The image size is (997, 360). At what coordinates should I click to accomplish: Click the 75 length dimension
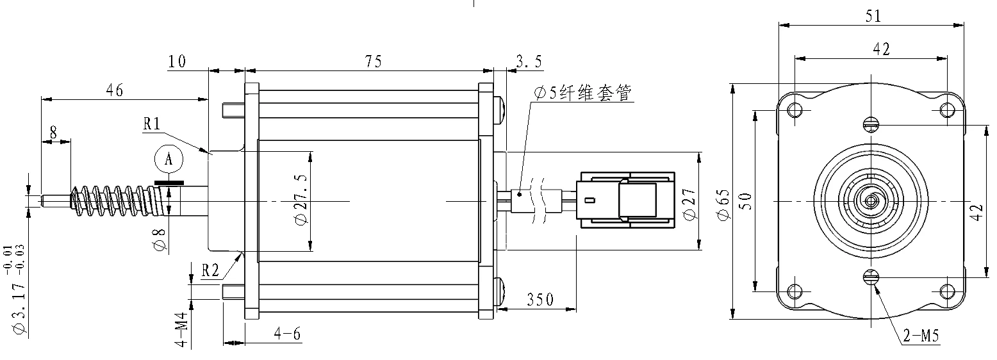pos(374,61)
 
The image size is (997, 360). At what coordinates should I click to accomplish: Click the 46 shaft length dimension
pos(115,90)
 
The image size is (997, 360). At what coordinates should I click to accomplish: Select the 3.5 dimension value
pos(529,61)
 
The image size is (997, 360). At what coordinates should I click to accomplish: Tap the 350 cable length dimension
pos(540,300)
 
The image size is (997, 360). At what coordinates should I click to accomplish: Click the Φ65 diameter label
pos(723,204)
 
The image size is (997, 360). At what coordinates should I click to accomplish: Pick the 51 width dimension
pos(873,16)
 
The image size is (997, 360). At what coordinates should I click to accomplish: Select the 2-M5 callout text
pos(921,336)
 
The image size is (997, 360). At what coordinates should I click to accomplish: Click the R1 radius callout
pos(152,124)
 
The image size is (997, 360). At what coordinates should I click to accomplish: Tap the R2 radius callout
pos(210,270)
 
